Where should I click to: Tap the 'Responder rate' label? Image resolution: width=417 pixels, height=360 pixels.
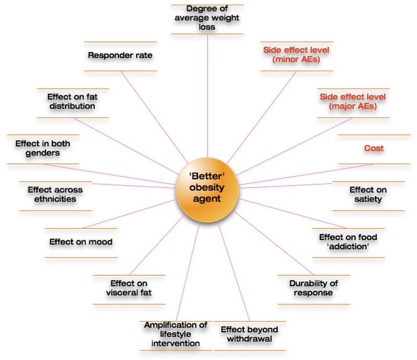(x=120, y=55)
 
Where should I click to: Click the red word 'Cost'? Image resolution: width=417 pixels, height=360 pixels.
(x=374, y=148)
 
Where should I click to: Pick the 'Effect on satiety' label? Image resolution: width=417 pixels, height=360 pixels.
(x=368, y=194)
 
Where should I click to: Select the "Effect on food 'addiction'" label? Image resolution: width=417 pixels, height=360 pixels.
(x=347, y=241)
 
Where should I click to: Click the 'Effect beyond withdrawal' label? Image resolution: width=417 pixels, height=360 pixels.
(x=249, y=334)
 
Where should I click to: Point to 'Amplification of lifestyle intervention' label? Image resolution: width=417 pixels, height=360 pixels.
(x=175, y=334)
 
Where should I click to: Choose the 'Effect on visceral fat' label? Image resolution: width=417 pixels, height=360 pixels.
(x=129, y=287)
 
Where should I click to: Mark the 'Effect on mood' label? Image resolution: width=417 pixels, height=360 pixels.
(x=81, y=242)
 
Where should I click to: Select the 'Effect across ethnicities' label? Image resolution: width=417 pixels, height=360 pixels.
(x=55, y=194)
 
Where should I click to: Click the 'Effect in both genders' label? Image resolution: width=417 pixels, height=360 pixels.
(x=42, y=148)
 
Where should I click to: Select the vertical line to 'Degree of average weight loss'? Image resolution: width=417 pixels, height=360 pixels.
(x=207, y=101)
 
